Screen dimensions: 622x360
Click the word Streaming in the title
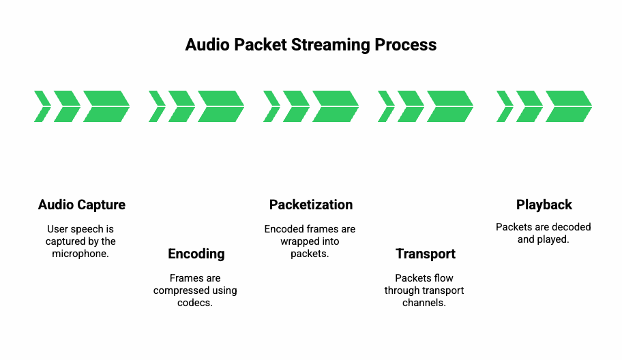pos(330,45)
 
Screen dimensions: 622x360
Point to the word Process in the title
pos(405,44)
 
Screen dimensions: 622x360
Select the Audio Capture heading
pos(82,205)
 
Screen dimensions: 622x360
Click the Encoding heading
pos(196,254)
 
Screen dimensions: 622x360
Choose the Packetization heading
pos(311,205)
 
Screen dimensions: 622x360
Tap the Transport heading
pos(426,254)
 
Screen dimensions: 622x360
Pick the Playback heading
pos(544,205)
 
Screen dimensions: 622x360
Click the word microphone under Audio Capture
pos(80,254)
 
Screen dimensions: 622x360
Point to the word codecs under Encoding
pos(195,303)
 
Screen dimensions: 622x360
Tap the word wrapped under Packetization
pos(297,241)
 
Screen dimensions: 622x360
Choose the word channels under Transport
pos(424,303)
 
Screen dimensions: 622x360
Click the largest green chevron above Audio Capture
pos(106,106)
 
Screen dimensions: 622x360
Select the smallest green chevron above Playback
pos(505,106)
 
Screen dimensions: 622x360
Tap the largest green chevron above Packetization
pos(336,106)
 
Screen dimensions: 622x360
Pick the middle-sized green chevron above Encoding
pos(181,106)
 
